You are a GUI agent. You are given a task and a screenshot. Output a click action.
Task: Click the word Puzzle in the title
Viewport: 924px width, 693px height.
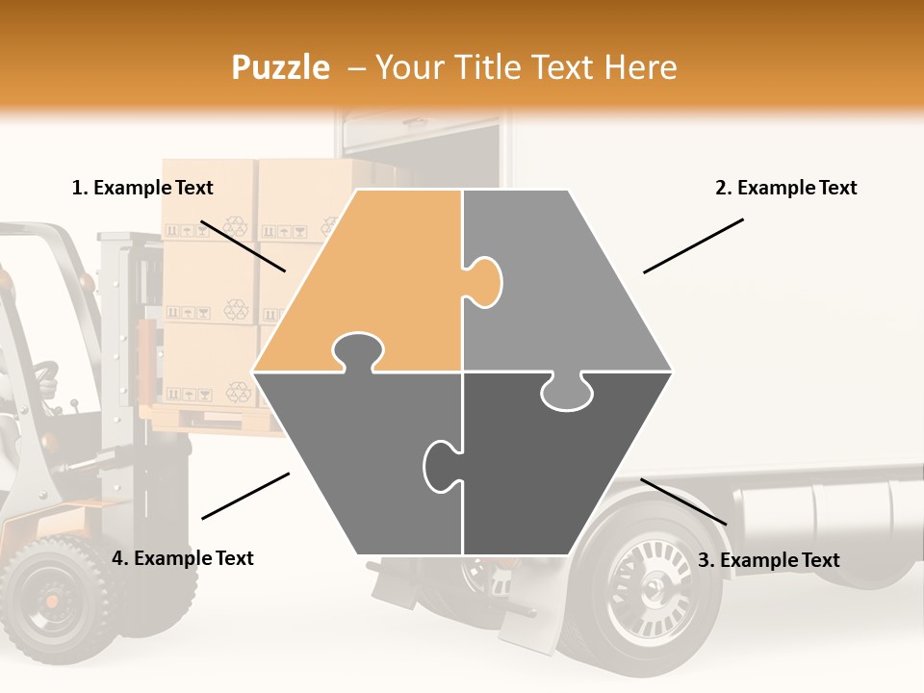tap(280, 67)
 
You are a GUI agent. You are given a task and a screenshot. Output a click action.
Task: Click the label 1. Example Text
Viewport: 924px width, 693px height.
tap(142, 189)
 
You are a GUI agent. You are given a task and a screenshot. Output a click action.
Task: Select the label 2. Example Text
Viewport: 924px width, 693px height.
tap(785, 189)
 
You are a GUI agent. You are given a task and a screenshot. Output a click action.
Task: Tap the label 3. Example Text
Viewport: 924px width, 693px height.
tap(768, 560)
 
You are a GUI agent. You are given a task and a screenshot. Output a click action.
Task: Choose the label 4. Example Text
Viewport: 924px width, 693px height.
tap(183, 558)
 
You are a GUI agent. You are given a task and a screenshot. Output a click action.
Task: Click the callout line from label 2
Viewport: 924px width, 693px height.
tap(693, 245)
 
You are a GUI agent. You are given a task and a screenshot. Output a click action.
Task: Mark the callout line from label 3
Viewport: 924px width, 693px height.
tap(683, 501)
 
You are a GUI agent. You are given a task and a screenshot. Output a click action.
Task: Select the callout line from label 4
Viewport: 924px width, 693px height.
tap(245, 496)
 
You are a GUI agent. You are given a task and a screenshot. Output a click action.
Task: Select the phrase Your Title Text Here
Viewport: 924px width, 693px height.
tap(526, 67)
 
